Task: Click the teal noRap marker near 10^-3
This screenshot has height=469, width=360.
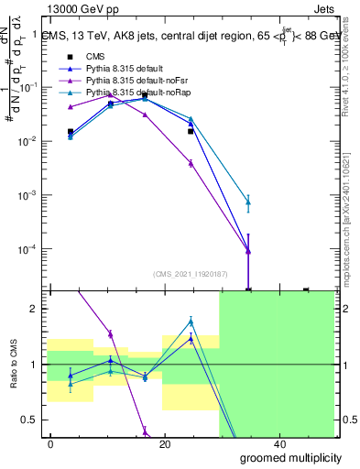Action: click(x=249, y=202)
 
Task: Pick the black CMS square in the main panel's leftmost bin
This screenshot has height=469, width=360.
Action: click(x=71, y=132)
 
